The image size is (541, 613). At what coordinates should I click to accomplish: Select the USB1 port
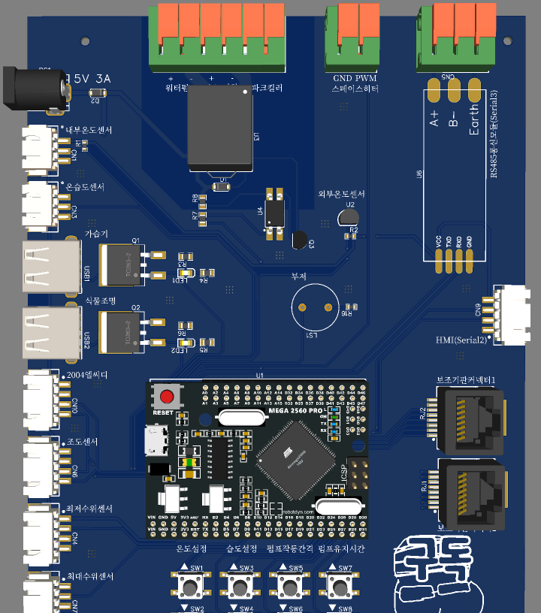[x=51, y=267]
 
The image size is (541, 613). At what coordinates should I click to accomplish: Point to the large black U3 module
[x=219, y=128]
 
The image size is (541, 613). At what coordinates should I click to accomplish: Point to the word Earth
[x=474, y=120]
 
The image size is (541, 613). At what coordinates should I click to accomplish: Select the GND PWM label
[x=355, y=78]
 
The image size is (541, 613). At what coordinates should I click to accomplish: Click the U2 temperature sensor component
[x=346, y=218]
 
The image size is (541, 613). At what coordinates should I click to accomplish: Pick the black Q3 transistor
[x=300, y=241]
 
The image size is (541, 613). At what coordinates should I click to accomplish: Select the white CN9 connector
[x=511, y=312]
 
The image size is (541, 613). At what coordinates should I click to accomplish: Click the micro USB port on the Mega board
[x=157, y=440]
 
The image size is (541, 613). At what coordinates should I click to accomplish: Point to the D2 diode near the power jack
[x=98, y=92]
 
